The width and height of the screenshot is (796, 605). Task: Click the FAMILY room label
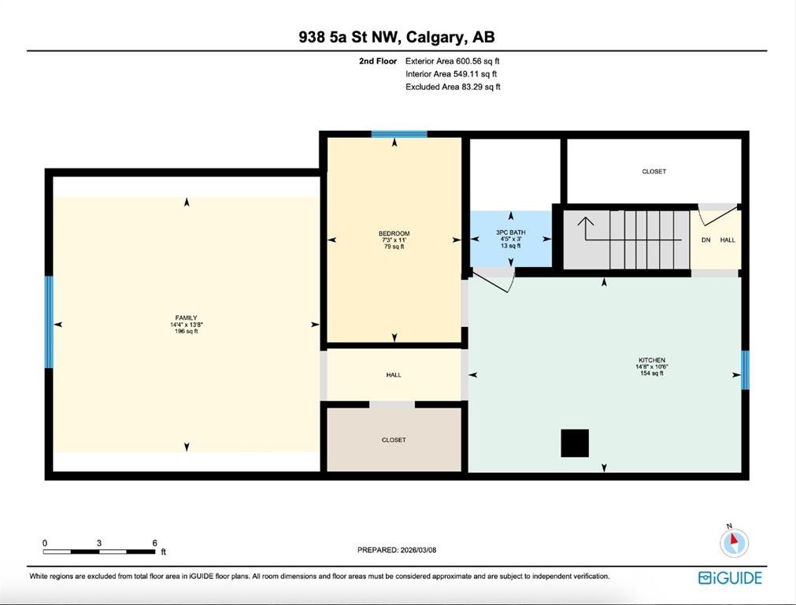point(186,318)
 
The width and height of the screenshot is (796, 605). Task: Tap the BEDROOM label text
point(394,233)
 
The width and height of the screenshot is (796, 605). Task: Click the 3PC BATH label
point(510,232)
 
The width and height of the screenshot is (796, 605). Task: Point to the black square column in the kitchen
point(575,443)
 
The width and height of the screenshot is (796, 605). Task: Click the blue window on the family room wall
point(49,321)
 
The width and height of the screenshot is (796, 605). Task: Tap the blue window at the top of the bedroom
point(399,134)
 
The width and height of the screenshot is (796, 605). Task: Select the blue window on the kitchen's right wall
point(745,370)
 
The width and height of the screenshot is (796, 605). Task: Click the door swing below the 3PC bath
point(496,278)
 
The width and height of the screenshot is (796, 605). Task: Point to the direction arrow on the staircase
point(587,229)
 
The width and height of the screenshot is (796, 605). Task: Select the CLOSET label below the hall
point(394,440)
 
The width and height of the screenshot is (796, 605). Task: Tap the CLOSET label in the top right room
point(653,171)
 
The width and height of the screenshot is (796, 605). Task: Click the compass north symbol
point(734,541)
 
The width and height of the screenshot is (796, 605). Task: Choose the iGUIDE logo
point(730,578)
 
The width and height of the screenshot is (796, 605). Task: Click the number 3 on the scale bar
point(99,543)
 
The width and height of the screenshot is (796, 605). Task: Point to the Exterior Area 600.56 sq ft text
point(453,61)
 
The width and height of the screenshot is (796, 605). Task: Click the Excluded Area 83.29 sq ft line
point(453,87)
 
